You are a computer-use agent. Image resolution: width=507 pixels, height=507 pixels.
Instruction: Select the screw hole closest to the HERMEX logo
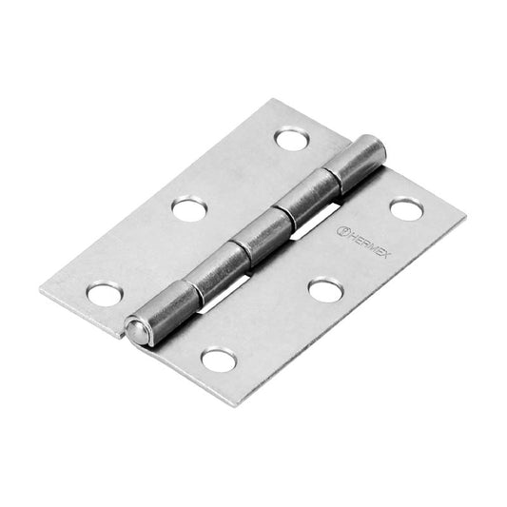point(405,208)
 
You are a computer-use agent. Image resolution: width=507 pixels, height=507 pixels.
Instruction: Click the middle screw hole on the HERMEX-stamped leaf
point(324,289)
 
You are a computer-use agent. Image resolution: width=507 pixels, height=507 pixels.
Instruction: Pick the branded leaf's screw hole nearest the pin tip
point(218,360)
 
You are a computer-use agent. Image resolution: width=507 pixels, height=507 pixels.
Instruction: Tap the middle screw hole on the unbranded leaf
point(189,208)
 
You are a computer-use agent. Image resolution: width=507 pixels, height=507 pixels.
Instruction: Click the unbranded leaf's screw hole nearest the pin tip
point(104,294)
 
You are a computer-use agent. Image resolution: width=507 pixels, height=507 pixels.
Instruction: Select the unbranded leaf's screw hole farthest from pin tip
point(291,139)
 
